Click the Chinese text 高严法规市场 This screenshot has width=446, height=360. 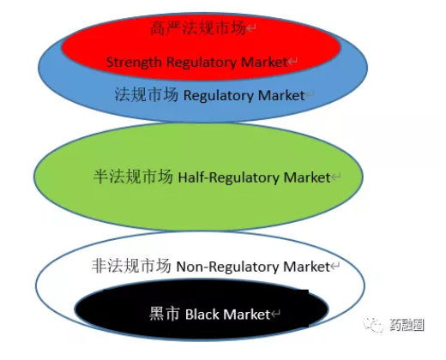click(198, 28)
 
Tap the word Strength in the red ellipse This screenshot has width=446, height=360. click(134, 63)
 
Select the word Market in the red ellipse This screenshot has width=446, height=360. click(264, 62)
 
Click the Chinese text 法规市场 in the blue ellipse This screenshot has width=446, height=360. click(147, 94)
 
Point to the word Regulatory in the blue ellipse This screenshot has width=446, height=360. click(219, 96)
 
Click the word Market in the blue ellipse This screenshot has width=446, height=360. click(281, 95)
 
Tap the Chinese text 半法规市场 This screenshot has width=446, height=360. click(133, 177)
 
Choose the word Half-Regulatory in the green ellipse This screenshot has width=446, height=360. click(229, 177)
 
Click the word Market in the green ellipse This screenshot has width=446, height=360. click(307, 177)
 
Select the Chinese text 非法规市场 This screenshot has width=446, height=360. click(131, 266)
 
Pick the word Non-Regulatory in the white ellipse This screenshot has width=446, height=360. click(227, 267)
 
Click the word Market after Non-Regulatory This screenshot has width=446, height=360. click(306, 267)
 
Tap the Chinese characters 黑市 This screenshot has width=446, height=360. click(165, 314)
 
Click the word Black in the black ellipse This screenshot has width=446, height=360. click(202, 315)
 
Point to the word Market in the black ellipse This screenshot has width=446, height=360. click(247, 315)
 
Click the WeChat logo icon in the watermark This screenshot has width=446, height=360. click(373, 325)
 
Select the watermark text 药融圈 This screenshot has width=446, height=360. click(407, 325)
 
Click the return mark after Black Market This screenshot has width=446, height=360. click(275, 314)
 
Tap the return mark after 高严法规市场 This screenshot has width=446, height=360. click(251, 28)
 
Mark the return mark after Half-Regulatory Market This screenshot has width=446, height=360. click(336, 177)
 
